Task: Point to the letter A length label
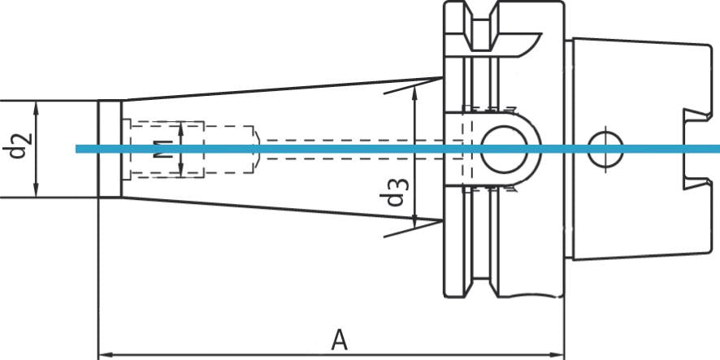339,340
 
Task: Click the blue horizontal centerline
325,149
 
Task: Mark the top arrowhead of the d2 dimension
37,106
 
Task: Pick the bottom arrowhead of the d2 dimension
37,193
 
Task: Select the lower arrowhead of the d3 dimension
416,220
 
